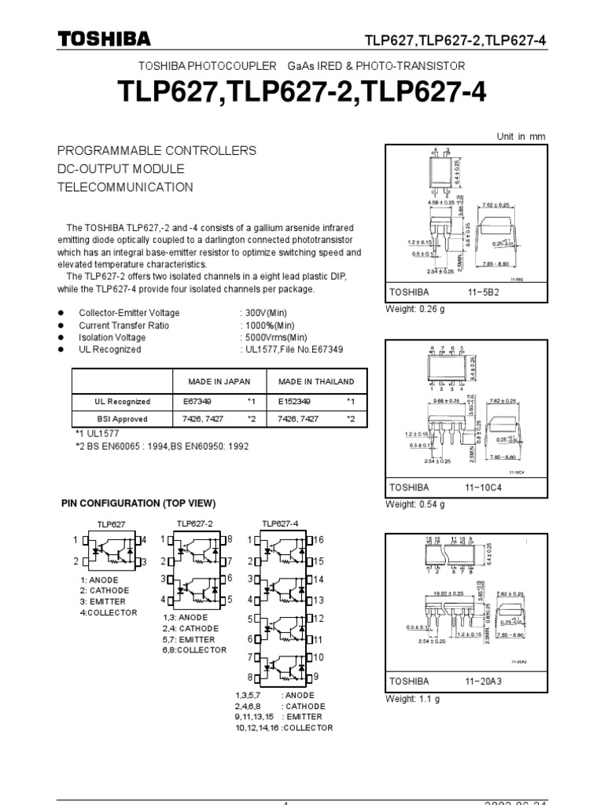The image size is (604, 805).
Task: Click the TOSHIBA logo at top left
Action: [104, 40]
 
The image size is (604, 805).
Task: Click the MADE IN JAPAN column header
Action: [219, 381]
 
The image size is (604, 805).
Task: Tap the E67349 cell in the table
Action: [195, 401]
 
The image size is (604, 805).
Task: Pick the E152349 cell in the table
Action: [295, 401]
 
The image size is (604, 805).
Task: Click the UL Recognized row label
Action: [122, 401]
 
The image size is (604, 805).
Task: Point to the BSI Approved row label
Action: [122, 419]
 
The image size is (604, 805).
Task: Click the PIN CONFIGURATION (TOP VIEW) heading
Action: [138, 503]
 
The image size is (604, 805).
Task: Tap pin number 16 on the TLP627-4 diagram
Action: [319, 540]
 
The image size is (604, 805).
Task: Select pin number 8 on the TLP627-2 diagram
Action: [230, 539]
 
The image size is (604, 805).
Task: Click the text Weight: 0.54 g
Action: [414, 504]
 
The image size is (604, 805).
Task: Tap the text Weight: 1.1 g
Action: [411, 699]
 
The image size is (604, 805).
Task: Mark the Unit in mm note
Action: [521, 136]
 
